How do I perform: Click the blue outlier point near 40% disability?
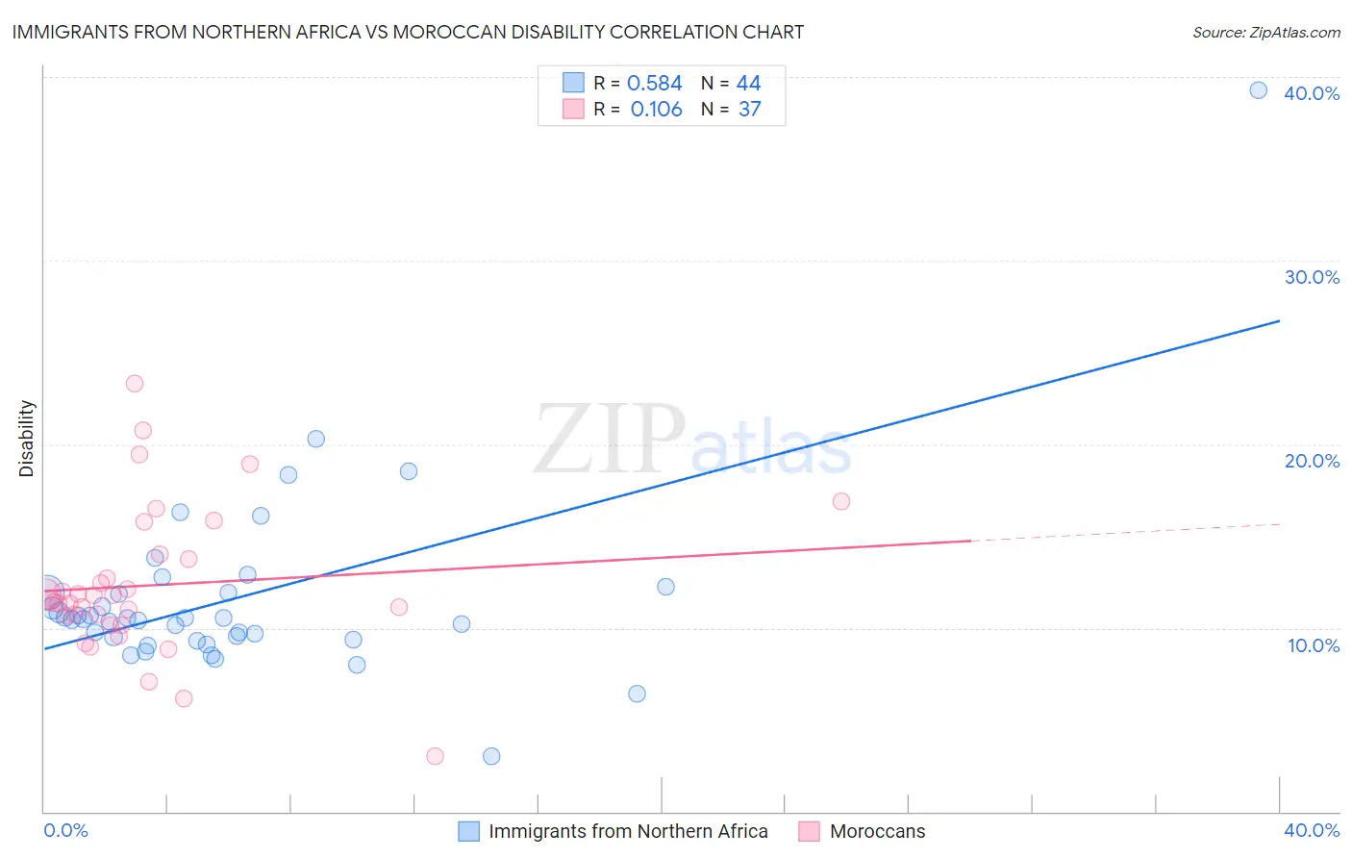click(x=1258, y=90)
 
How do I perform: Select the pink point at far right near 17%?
click(x=841, y=501)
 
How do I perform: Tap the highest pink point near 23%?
click(x=135, y=384)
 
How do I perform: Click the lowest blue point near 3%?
click(x=491, y=756)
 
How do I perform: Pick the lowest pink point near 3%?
click(x=435, y=756)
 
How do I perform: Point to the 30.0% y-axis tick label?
click(x=1312, y=277)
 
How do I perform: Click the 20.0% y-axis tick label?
click(x=1312, y=461)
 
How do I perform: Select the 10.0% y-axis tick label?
click(x=1314, y=645)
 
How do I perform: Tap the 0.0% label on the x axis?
click(x=65, y=830)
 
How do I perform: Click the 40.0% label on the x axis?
click(x=1312, y=830)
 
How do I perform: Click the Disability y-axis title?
click(x=27, y=439)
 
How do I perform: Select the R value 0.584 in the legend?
click(x=654, y=84)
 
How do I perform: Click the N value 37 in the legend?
click(x=749, y=110)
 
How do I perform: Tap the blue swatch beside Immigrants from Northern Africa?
click(x=468, y=831)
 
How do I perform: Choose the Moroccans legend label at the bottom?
click(x=877, y=831)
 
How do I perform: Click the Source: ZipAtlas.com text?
click(x=1265, y=33)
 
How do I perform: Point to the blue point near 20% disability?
click(x=315, y=439)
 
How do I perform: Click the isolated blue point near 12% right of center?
click(x=665, y=587)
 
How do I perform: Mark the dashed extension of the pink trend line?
click(x=1125, y=532)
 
